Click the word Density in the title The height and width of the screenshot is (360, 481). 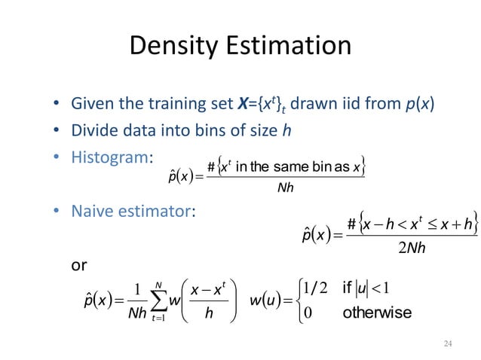173,47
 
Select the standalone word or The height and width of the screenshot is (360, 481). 78,266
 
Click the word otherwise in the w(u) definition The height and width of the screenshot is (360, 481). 377,312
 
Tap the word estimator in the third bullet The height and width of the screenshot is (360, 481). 152,212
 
